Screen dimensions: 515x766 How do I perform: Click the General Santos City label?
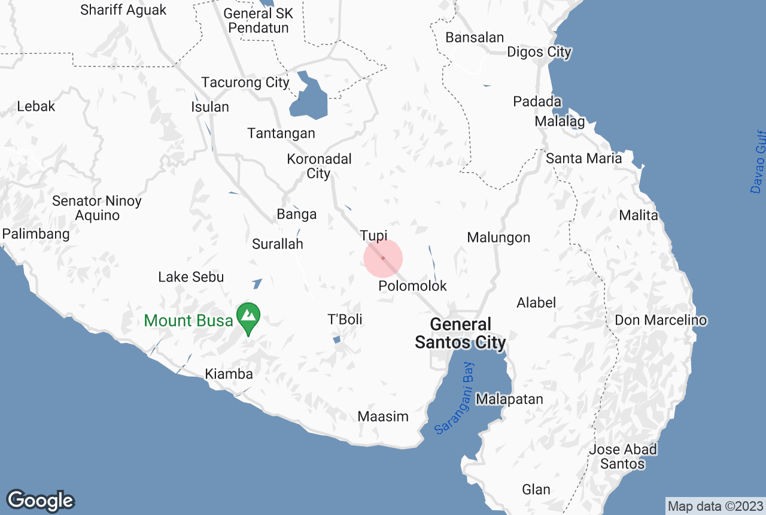point(460,334)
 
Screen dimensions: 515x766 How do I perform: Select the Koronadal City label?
point(319,166)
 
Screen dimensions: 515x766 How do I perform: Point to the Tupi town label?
point(373,235)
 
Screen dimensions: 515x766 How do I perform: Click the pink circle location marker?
point(383,259)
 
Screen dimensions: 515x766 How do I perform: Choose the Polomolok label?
point(412,286)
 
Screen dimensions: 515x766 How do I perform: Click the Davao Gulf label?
point(758,162)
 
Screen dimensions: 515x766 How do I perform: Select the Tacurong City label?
point(245,83)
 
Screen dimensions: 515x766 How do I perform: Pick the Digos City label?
point(539,52)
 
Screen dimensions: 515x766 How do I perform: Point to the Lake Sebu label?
point(191,277)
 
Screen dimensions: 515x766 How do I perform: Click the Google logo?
point(40,501)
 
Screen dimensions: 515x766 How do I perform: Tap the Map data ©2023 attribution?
point(715,506)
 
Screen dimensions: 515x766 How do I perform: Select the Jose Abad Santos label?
point(623,456)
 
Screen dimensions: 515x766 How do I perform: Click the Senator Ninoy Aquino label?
point(97,208)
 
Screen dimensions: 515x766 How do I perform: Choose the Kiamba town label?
point(229,374)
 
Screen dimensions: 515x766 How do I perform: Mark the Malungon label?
point(498,238)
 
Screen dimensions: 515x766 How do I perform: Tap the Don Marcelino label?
point(661,320)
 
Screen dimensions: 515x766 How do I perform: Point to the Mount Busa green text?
point(189,320)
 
